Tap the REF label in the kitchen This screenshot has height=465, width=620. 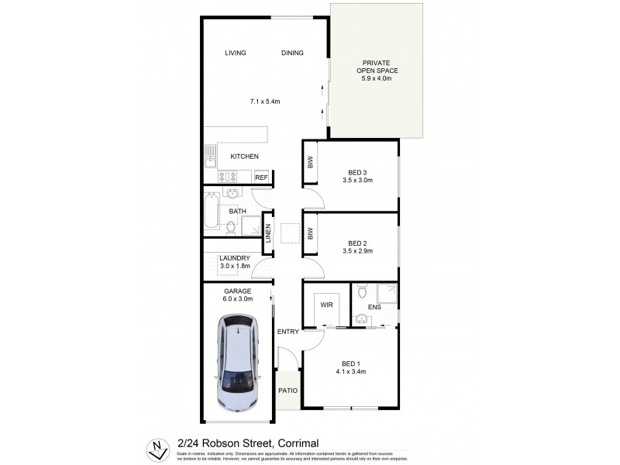pos(261,177)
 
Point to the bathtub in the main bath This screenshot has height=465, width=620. pos(212,212)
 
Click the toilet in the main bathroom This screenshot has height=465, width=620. pos(230,226)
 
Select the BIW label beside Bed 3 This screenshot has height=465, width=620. pos(310,162)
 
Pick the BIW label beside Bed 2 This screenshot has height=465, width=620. pos(310,232)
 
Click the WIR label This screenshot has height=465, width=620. pos(326,305)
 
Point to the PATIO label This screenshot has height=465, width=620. pos(288,391)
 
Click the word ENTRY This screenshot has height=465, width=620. pos(288,332)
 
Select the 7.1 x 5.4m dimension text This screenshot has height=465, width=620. pos(264,102)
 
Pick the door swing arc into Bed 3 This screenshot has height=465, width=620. pos(313,200)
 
